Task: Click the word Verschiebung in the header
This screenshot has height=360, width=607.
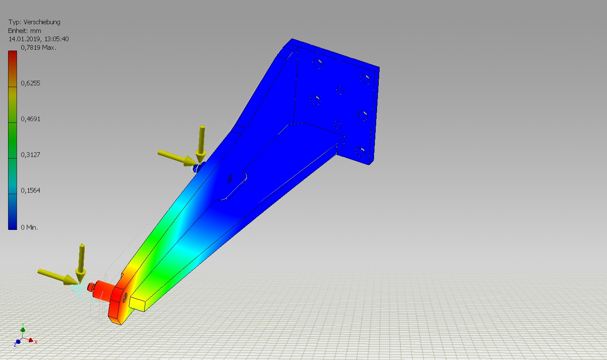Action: [x=42, y=22]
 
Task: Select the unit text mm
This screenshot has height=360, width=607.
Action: [x=36, y=31]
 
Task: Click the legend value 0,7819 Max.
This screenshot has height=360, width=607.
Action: [x=39, y=48]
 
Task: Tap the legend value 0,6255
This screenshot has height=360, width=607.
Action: [x=30, y=83]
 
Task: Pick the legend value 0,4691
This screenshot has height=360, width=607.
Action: [x=30, y=119]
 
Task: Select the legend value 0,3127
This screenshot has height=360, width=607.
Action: [x=30, y=155]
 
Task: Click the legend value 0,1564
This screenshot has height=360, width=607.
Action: [x=30, y=190]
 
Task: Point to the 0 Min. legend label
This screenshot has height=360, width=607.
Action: [x=29, y=227]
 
